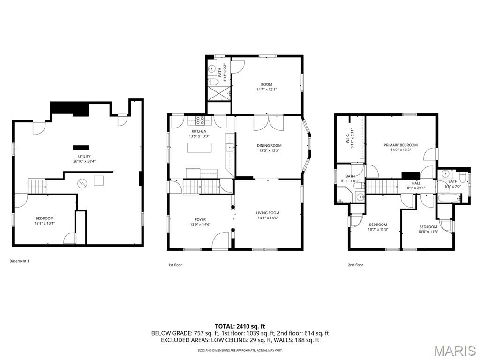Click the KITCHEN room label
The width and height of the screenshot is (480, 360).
(199, 131)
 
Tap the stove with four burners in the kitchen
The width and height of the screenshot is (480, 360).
(200, 120)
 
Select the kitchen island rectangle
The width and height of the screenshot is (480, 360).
(199, 148)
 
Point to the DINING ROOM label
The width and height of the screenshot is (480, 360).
(269, 146)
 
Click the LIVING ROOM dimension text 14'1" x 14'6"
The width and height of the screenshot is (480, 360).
(268, 218)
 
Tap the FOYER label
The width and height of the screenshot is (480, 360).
(200, 219)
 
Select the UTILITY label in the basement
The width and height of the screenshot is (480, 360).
(84, 157)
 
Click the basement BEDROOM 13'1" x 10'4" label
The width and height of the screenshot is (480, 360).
(45, 218)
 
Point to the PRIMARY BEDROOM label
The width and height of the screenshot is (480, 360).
(400, 145)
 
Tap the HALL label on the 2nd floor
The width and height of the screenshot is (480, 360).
(416, 183)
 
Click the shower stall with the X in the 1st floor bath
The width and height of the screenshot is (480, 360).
(219, 93)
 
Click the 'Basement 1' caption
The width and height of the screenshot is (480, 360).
(19, 261)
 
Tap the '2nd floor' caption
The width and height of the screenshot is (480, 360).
(355, 265)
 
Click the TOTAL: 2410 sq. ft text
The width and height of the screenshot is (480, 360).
(240, 326)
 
